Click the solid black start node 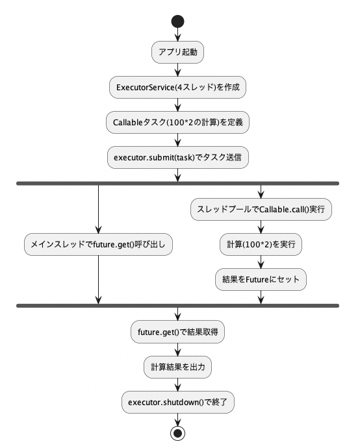(x=177, y=21)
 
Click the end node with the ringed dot (x=177, y=434)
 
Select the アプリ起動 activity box (x=177, y=52)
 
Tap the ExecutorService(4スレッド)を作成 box (x=177, y=87)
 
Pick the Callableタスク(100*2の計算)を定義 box (x=177, y=122)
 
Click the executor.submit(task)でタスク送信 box (x=178, y=157)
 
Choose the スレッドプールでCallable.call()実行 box (x=261, y=209)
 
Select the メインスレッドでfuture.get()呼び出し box (x=98, y=244)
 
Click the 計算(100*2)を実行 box (x=261, y=244)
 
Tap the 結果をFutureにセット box (x=261, y=279)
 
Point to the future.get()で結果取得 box (x=177, y=332)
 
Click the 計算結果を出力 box (x=177, y=367)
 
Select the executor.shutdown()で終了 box (x=178, y=402)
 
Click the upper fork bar (x=177, y=184)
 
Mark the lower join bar (x=177, y=306)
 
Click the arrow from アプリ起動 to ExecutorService (x=177, y=69)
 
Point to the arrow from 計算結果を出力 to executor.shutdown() (x=177, y=384)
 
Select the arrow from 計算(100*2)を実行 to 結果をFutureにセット (x=261, y=262)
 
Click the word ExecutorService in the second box (x=146, y=87)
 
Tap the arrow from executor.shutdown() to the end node (x=177, y=419)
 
